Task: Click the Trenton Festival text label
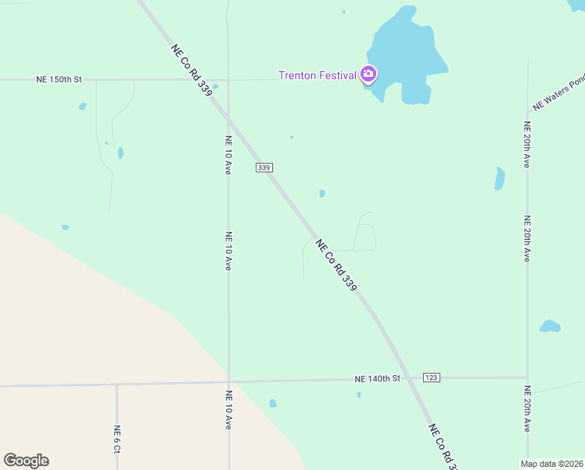[318, 76]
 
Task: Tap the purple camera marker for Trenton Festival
[368, 75]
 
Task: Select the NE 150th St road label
[59, 80]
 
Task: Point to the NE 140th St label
[377, 379]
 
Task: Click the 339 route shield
[264, 168]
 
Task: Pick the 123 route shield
[431, 378]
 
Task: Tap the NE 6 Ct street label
[117, 440]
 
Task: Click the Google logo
[26, 461]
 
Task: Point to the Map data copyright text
[551, 464]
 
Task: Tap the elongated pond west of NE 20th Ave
[500, 179]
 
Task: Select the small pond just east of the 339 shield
[322, 193]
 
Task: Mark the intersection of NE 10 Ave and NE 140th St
[228, 382]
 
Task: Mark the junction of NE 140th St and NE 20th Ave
[527, 378]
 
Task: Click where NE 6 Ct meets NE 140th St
[117, 385]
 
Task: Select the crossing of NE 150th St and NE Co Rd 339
[209, 80]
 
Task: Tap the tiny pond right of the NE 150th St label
[82, 107]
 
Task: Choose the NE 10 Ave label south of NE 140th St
[228, 410]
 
